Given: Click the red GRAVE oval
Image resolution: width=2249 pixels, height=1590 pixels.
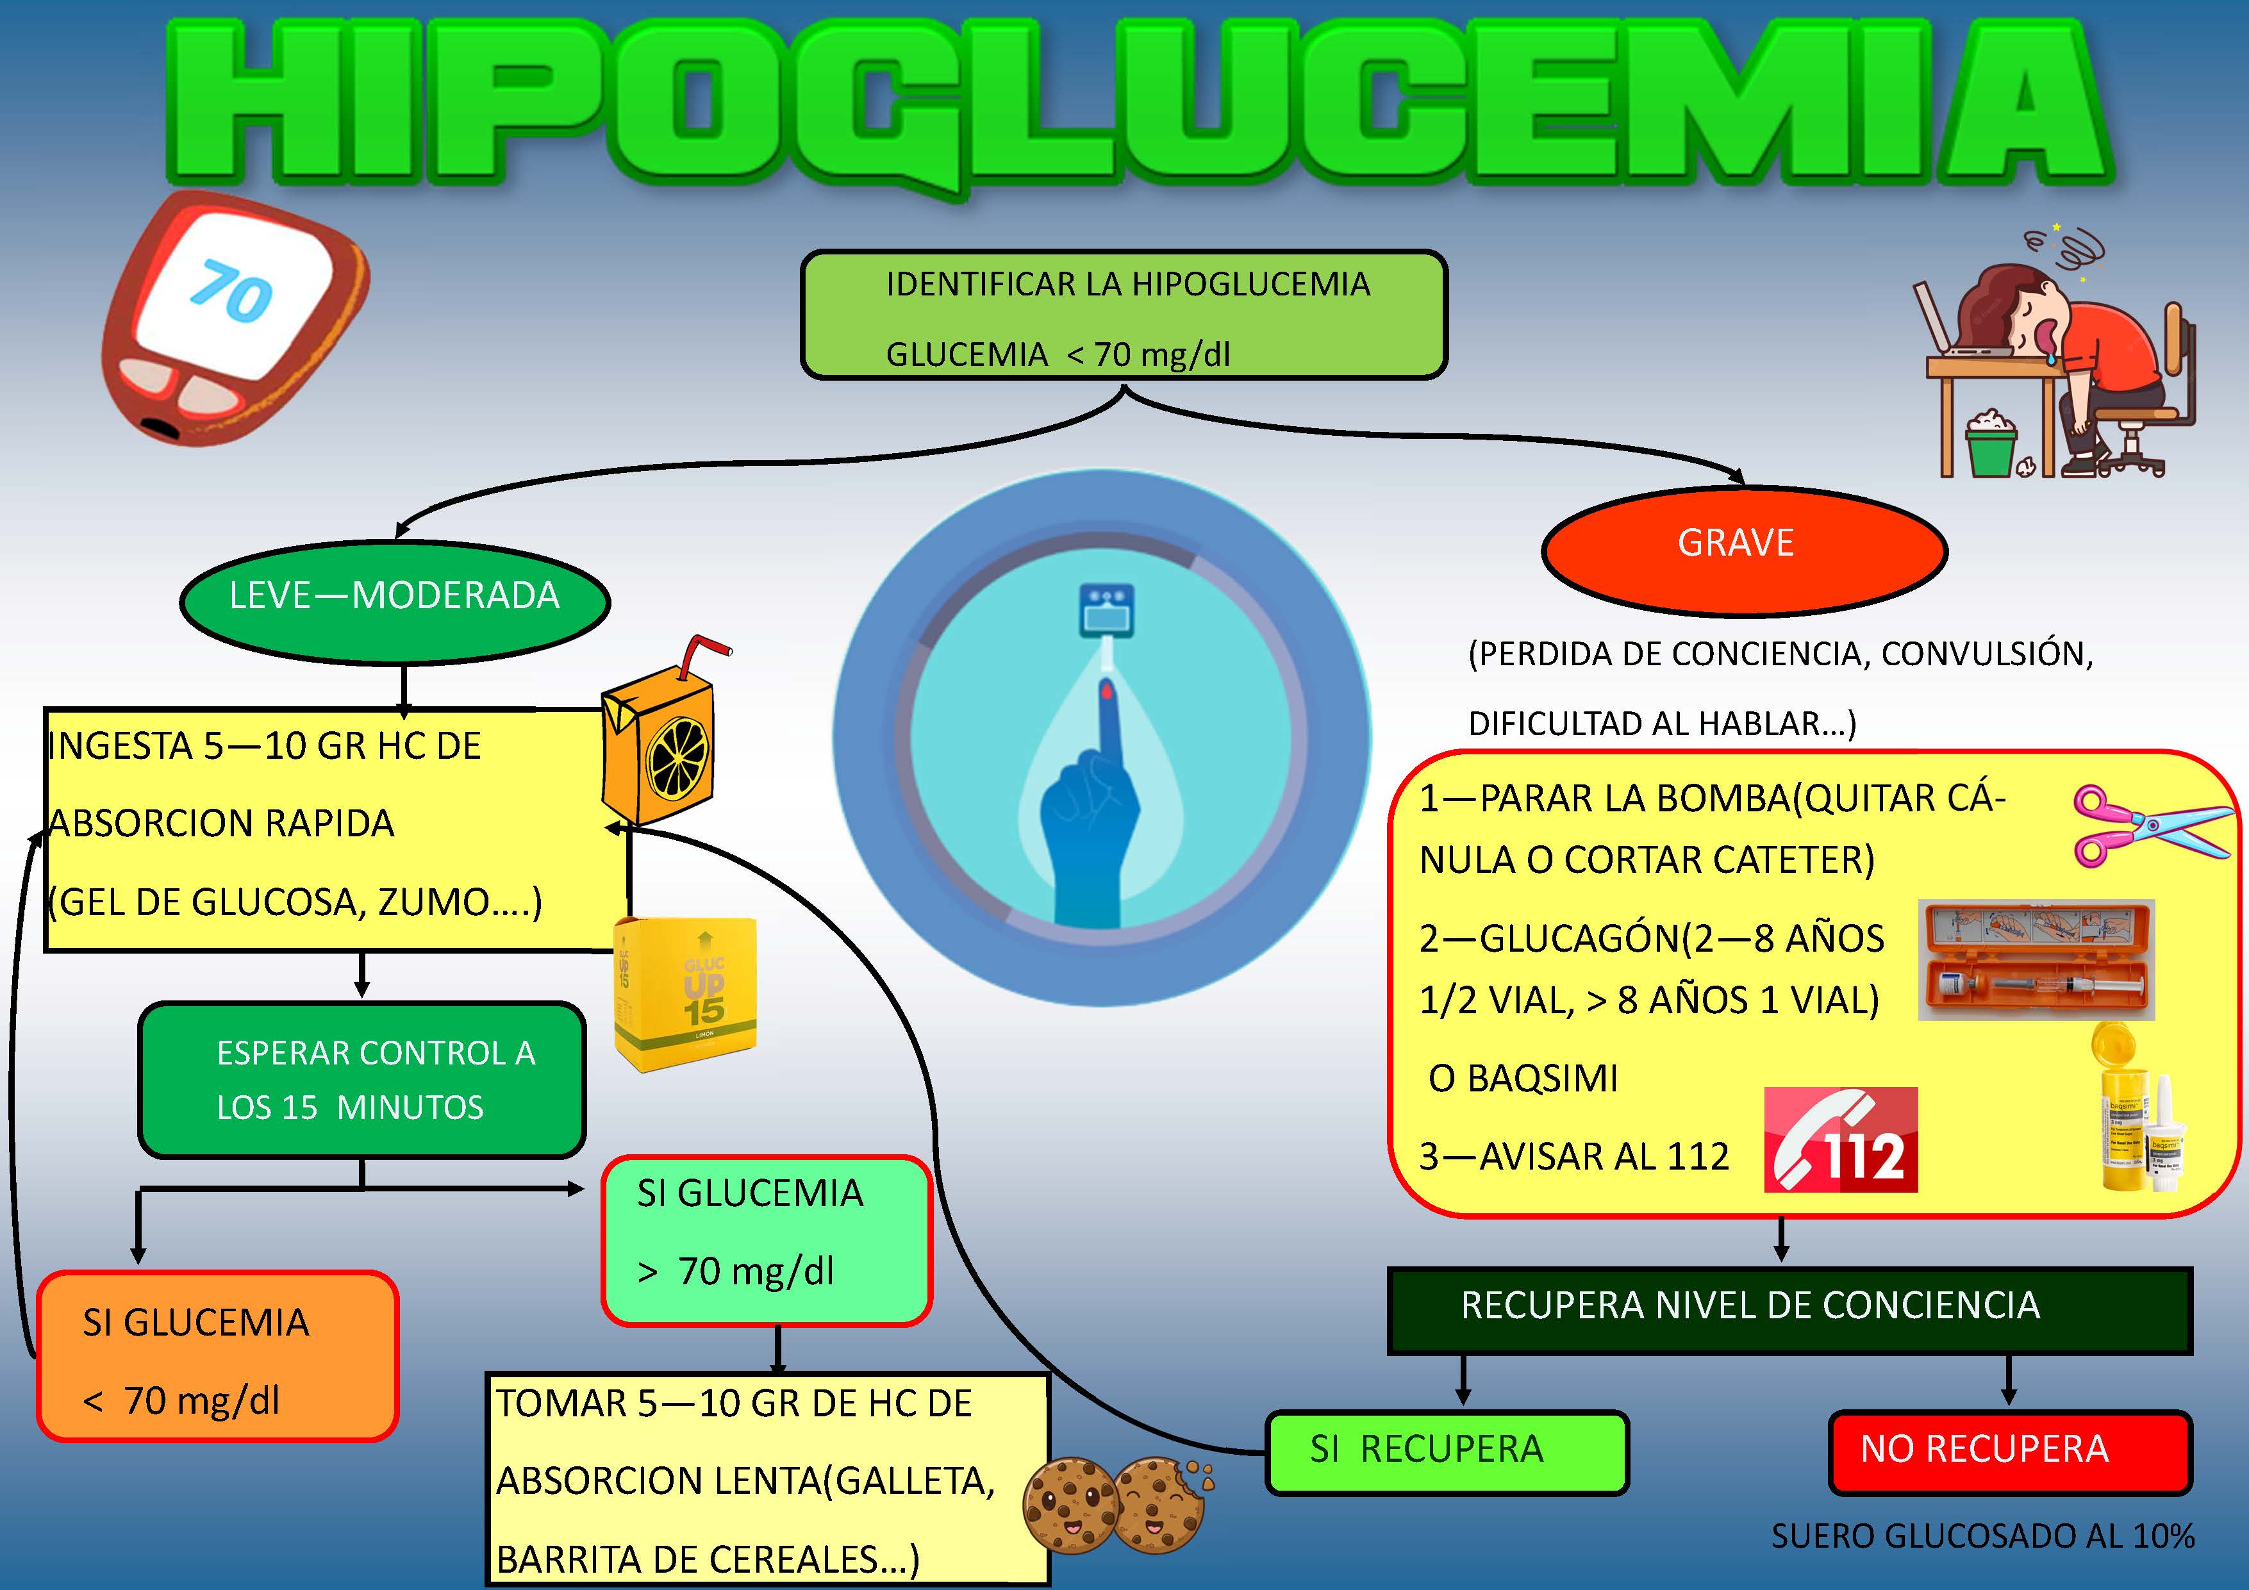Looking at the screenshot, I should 1743,551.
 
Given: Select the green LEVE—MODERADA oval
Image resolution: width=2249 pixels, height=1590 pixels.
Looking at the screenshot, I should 395,600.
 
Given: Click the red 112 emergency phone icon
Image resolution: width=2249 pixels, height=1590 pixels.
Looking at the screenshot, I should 1839,1139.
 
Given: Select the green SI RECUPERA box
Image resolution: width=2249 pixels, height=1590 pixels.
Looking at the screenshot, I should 1446,1452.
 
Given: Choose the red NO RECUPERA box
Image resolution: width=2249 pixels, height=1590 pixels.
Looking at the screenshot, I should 2009,1452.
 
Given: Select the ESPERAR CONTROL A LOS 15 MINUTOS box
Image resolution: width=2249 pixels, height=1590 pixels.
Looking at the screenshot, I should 362,1080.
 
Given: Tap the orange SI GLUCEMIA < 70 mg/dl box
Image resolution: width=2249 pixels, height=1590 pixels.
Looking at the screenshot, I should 217,1357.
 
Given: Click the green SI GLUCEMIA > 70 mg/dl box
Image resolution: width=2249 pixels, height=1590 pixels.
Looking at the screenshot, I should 766,1240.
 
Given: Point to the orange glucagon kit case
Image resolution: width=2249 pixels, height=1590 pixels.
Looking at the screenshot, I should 2036,959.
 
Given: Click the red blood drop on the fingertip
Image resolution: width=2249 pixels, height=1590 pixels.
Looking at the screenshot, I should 1106,691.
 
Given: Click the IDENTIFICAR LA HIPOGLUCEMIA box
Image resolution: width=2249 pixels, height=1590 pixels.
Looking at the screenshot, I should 1124,315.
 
